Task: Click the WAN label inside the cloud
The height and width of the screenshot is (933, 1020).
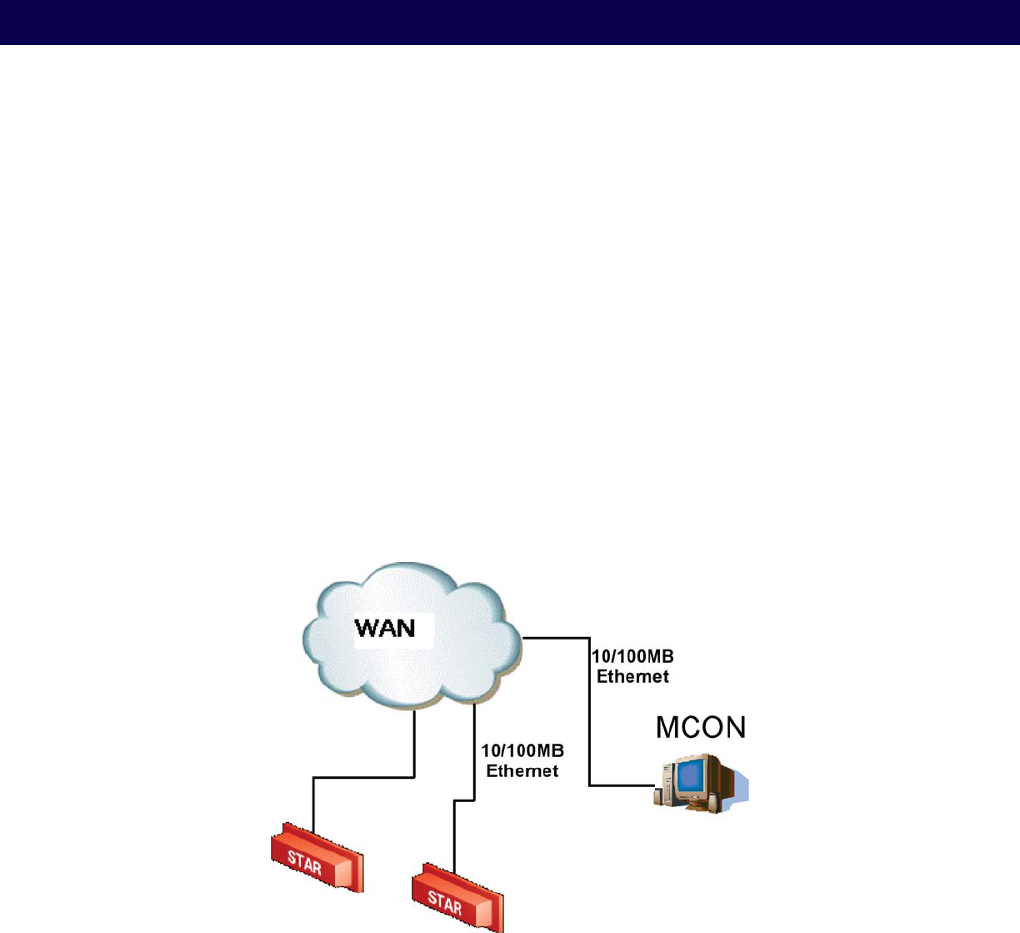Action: pos(385,627)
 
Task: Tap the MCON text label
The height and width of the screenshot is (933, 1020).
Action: pos(700,727)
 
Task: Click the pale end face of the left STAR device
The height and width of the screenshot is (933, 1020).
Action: pos(343,871)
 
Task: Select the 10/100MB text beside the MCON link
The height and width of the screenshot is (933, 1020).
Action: pos(632,657)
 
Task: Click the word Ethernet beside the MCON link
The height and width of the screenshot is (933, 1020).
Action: pos(632,676)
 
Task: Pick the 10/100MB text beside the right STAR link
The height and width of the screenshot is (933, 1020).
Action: pos(522,752)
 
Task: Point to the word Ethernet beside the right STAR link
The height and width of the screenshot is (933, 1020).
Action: pos(522,771)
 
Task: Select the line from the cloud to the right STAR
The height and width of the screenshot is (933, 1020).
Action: pos(474,750)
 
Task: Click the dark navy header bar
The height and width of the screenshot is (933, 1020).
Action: pos(510,22)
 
